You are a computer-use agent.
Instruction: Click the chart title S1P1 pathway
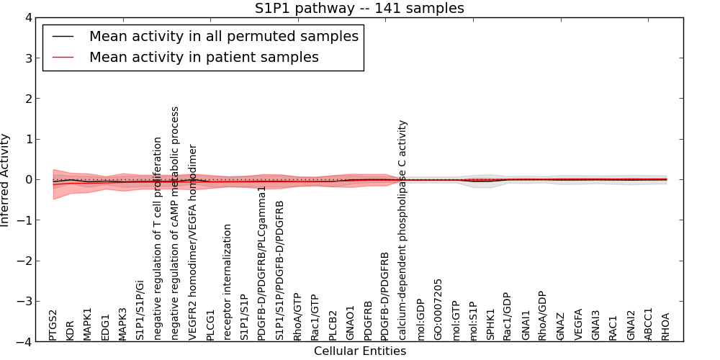(x=359, y=9)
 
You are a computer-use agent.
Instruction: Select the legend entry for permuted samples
(x=223, y=36)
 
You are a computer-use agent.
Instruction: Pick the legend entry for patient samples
(x=204, y=57)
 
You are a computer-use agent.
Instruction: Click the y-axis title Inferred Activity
(x=6, y=180)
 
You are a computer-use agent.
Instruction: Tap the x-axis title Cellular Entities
(x=360, y=351)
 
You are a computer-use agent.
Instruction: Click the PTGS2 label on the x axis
(x=53, y=325)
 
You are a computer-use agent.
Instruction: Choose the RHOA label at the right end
(x=665, y=326)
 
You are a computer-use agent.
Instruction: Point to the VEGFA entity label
(x=578, y=325)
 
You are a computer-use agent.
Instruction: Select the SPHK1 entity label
(x=491, y=325)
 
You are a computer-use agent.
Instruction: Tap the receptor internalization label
(x=228, y=282)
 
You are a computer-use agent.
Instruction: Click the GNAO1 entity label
(x=351, y=324)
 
